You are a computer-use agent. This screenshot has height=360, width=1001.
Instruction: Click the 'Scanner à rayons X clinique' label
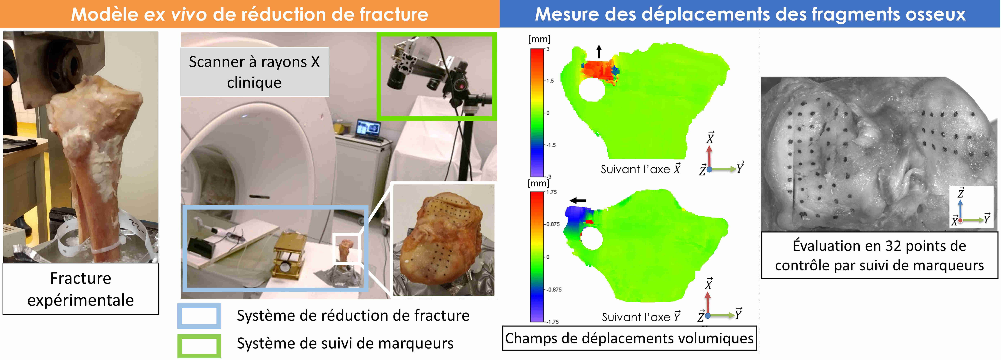pyautogui.click(x=255, y=72)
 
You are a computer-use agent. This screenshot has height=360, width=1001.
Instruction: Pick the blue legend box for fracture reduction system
pyautogui.click(x=199, y=316)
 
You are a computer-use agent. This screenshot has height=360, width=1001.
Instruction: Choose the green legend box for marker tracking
pyautogui.click(x=199, y=346)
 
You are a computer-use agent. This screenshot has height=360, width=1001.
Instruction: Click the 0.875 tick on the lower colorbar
pyautogui.click(x=552, y=224)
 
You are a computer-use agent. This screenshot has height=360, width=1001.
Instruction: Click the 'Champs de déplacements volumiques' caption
pyautogui.click(x=629, y=338)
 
